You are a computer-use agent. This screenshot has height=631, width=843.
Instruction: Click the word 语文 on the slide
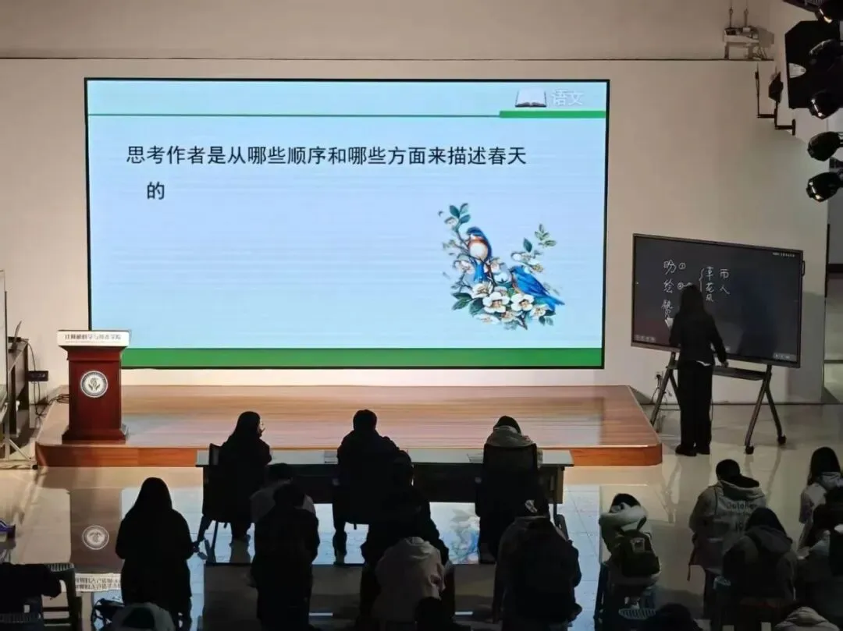click(x=567, y=97)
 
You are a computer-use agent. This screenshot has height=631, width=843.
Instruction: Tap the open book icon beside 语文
click(x=531, y=98)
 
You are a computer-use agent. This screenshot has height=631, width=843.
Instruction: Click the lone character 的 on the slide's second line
click(x=155, y=190)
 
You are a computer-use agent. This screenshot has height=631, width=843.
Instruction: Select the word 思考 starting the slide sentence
click(x=146, y=155)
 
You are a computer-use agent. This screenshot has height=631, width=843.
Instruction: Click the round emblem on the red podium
click(x=94, y=384)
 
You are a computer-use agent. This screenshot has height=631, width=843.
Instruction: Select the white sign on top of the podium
click(x=93, y=338)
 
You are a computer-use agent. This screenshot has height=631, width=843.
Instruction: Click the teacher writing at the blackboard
click(x=694, y=367)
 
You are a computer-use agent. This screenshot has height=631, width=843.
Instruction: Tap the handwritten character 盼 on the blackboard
click(x=669, y=268)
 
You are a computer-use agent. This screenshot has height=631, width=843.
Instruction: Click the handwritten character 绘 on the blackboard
click(x=668, y=285)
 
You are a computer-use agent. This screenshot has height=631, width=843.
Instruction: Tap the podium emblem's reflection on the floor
click(x=95, y=537)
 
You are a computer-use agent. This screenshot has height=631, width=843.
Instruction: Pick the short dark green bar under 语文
click(x=552, y=114)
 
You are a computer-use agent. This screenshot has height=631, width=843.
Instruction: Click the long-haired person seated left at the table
click(x=244, y=460)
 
